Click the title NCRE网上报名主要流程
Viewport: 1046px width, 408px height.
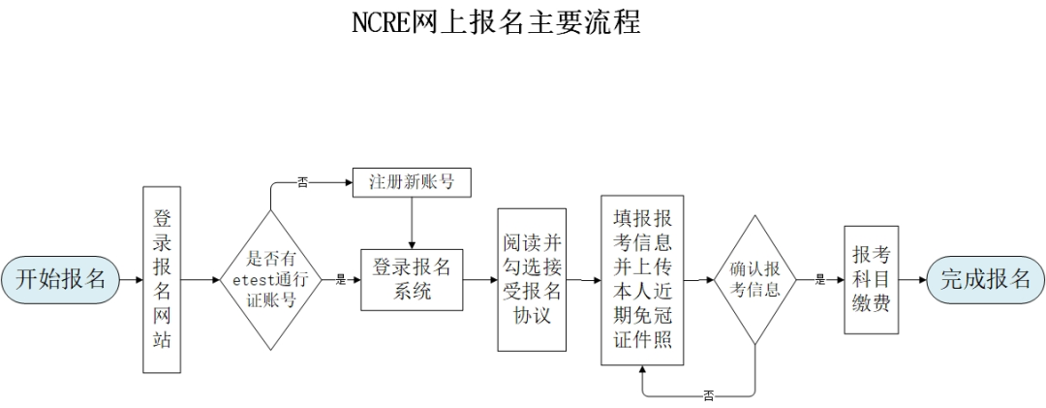[x=495, y=21]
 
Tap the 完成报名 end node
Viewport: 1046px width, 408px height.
[x=986, y=279]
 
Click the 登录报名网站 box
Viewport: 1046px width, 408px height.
[x=162, y=279]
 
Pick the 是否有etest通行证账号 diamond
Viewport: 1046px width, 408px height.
[x=271, y=279]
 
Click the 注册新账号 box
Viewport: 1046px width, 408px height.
[x=413, y=181]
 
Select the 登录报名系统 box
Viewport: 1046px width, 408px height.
[x=413, y=279]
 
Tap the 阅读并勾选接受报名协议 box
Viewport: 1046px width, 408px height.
[x=532, y=279]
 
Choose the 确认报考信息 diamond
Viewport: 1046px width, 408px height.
[x=754, y=279]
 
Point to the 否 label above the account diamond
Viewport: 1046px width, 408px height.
[x=302, y=182]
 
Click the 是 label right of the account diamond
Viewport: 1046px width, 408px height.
[x=340, y=280]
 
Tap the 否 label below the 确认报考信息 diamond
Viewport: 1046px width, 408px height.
[x=709, y=395]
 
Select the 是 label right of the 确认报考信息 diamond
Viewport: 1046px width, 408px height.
[x=819, y=280]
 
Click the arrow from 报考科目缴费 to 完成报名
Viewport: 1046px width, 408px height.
[x=912, y=279]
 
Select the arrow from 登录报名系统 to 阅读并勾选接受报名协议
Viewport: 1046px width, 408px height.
[x=480, y=279]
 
